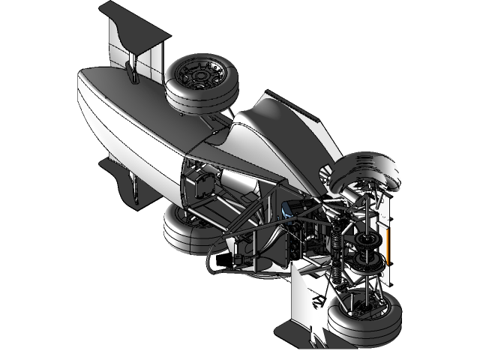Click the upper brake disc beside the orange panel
coord(367,240)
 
